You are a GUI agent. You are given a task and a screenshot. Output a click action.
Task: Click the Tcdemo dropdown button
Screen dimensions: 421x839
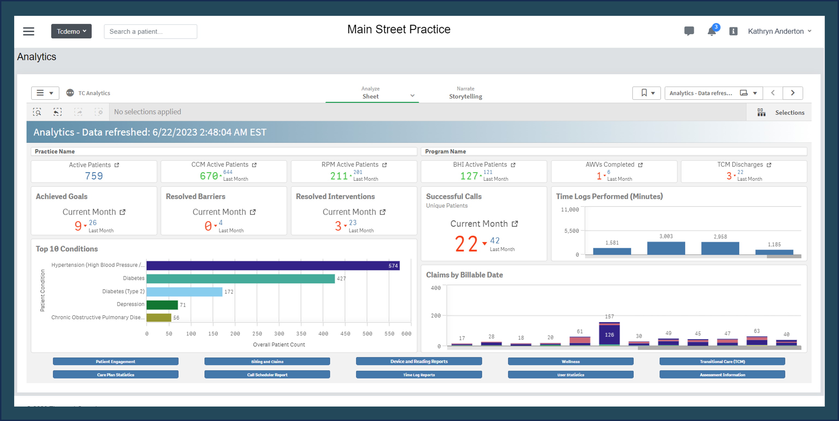click(71, 31)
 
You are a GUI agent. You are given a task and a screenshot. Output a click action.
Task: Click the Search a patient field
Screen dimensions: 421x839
click(150, 32)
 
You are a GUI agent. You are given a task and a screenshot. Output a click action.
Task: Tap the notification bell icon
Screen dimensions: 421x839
click(711, 31)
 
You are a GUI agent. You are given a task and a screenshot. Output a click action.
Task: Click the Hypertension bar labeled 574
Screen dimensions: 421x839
click(273, 266)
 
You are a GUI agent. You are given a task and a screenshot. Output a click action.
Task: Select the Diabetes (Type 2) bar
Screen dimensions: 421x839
click(184, 292)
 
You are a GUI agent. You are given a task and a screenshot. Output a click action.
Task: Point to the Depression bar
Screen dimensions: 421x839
click(162, 305)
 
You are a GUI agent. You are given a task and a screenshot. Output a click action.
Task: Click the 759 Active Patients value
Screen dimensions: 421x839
click(94, 176)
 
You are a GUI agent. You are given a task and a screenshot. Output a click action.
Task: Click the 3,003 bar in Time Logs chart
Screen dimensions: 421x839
click(666, 248)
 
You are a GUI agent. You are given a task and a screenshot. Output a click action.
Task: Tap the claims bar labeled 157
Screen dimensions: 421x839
click(609, 334)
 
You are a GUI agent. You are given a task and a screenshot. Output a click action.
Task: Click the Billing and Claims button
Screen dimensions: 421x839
click(267, 361)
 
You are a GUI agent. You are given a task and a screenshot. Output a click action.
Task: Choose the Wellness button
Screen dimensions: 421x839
click(570, 361)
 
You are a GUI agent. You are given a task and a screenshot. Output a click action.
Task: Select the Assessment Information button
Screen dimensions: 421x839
click(722, 375)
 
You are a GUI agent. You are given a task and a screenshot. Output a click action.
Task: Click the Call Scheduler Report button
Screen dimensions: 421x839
click(267, 375)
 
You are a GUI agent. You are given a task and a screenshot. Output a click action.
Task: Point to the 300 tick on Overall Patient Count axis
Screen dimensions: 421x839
click(279, 334)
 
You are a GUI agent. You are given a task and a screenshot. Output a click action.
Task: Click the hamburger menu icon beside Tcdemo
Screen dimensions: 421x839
click(29, 31)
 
